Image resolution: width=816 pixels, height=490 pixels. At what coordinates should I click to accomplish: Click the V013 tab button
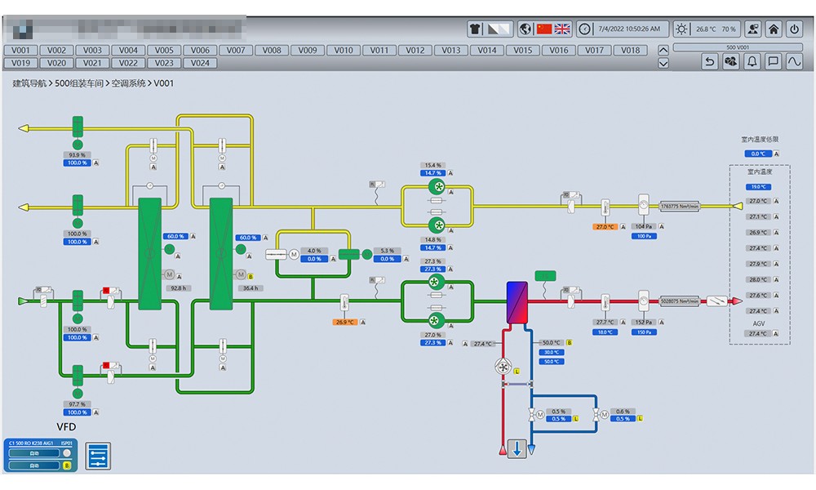tap(451, 50)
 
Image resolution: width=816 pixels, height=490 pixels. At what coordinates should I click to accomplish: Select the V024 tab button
tap(200, 63)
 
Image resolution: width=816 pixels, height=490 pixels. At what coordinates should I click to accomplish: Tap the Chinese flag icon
tap(544, 29)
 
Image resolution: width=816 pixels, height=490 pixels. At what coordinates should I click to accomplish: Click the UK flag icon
tap(562, 29)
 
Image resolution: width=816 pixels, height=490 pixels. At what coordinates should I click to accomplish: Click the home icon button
tap(773, 29)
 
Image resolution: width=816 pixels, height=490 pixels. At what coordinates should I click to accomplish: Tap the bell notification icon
tap(752, 61)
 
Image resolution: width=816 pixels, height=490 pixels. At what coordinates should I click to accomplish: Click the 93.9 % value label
tap(78, 154)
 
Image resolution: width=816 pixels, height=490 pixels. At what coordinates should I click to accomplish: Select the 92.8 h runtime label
tap(177, 288)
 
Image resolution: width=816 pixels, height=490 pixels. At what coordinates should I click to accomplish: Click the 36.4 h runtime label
tap(249, 288)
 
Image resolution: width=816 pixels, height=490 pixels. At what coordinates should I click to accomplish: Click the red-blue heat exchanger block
tap(517, 303)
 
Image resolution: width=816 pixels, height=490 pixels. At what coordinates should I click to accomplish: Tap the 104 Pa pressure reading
tap(643, 226)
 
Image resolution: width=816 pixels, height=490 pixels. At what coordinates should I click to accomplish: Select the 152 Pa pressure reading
tap(643, 323)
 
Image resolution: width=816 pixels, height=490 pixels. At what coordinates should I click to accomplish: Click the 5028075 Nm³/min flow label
tap(679, 301)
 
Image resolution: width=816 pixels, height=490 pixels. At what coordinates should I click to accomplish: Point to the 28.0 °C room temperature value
tap(759, 279)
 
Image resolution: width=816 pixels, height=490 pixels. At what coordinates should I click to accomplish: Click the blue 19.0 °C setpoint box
tap(759, 187)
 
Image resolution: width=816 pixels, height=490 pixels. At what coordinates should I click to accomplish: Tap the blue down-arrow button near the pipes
tap(517, 448)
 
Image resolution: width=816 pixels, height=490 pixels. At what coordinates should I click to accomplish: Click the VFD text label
tap(67, 426)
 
